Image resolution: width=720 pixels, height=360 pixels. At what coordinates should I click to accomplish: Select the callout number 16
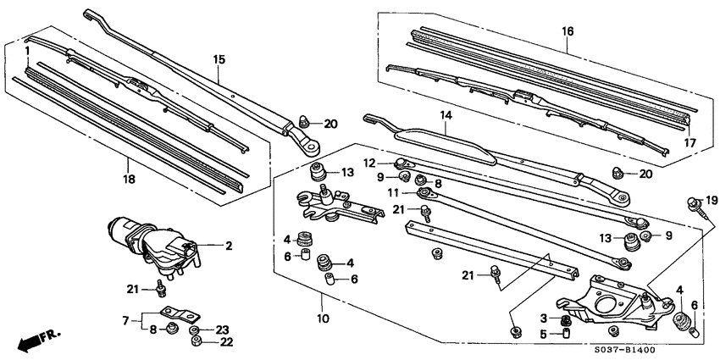[x=568, y=30]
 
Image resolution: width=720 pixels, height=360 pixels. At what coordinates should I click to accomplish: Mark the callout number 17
[x=690, y=142]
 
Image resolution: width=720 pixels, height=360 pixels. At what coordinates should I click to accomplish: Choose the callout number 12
[x=369, y=163]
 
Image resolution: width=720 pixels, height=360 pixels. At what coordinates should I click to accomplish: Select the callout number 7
[x=125, y=322]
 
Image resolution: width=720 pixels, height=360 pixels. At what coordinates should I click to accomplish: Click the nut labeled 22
[x=195, y=341]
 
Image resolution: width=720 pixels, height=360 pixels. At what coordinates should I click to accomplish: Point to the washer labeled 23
[x=195, y=330]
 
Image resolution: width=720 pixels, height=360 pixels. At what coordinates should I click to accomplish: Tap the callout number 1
[x=27, y=52]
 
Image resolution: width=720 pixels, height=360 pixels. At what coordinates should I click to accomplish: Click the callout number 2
[x=228, y=246]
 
